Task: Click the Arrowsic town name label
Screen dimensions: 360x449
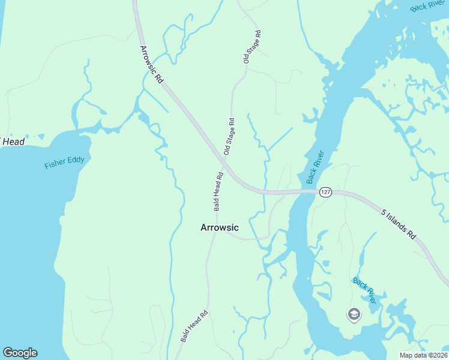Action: click(x=219, y=228)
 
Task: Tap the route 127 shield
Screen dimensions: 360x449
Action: click(x=325, y=192)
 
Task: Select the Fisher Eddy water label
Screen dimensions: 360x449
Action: click(x=68, y=162)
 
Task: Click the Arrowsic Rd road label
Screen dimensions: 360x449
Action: click(x=152, y=64)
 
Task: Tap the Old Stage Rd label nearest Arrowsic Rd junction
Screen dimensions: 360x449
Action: click(x=229, y=137)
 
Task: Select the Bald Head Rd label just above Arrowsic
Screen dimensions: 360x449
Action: click(x=218, y=192)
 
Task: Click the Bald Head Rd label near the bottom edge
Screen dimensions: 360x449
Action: click(x=194, y=326)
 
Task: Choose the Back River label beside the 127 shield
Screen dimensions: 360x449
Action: click(x=315, y=167)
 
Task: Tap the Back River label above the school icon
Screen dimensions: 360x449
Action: click(x=364, y=290)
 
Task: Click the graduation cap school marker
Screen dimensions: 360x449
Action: click(x=354, y=314)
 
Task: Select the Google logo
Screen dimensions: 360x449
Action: click(x=20, y=353)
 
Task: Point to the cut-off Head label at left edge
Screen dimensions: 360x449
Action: click(x=13, y=142)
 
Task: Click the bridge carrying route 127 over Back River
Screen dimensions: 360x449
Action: click(x=303, y=192)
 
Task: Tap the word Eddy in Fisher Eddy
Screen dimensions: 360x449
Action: click(x=82, y=160)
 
